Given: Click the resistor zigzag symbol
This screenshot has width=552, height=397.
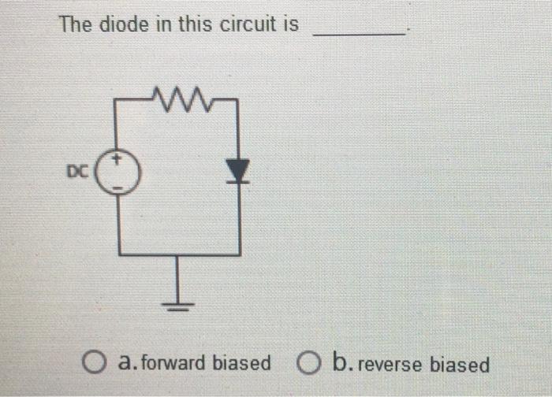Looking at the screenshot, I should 179,100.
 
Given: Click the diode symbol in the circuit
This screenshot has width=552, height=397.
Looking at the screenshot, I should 237,169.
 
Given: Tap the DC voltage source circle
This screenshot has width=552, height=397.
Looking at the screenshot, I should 118,172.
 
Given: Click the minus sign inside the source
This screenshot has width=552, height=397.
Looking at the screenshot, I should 118,187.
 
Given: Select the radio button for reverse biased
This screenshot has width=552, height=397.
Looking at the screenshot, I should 309,363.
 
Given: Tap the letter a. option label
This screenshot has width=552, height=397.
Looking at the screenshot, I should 126,364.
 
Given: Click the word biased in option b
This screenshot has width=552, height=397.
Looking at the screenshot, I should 459,365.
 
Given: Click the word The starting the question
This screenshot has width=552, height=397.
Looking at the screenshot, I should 76,24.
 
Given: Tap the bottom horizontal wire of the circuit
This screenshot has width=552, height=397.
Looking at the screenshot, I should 179,254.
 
